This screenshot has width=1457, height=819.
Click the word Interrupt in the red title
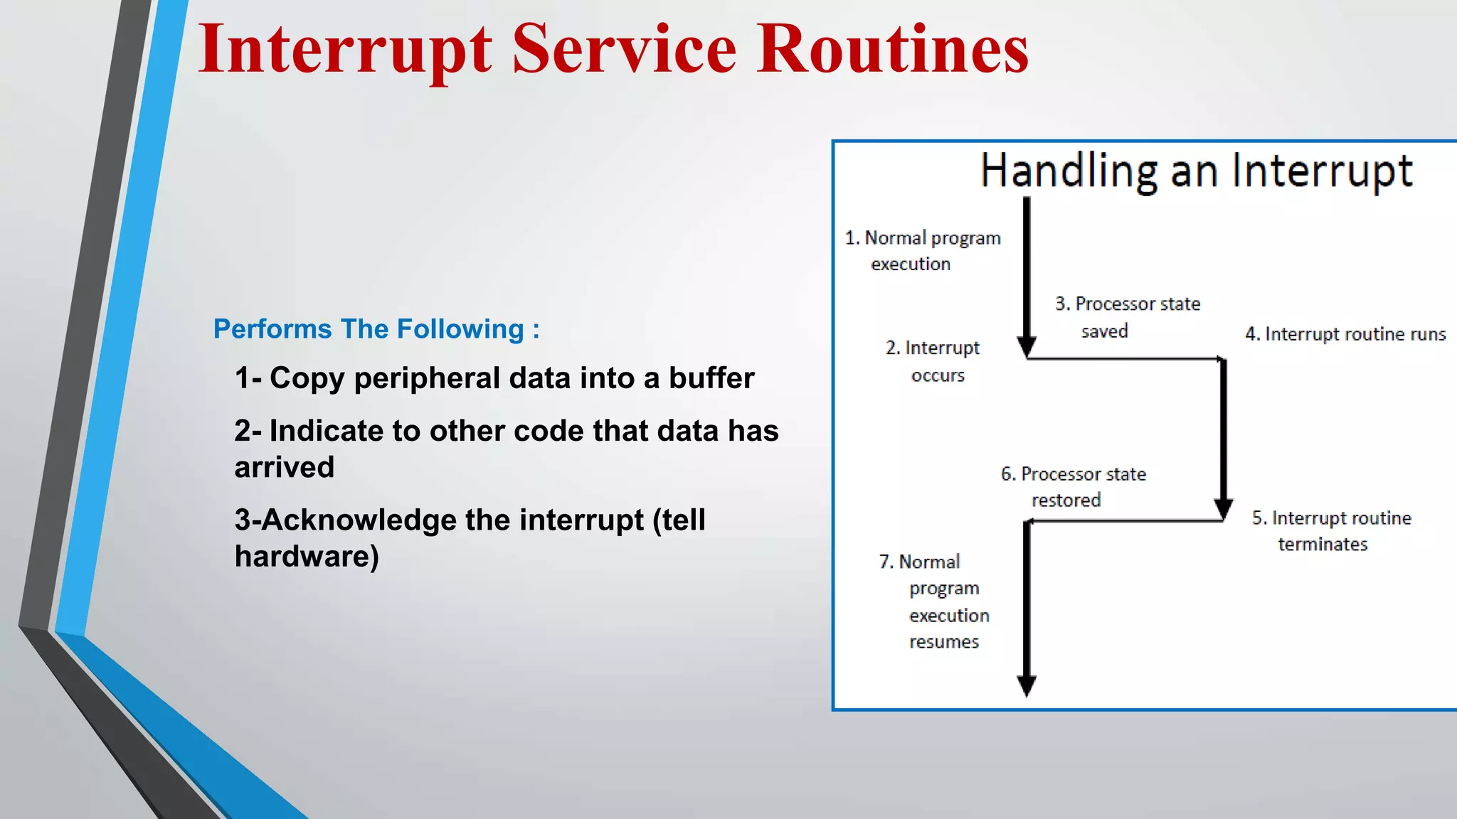[344, 50]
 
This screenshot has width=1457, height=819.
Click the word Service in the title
[624, 50]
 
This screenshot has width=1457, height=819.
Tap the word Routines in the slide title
[892, 50]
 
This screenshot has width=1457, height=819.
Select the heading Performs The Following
[376, 329]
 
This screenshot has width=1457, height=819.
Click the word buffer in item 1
[711, 378]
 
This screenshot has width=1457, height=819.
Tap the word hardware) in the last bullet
[307, 557]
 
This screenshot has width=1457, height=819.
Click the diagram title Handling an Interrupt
[1196, 171]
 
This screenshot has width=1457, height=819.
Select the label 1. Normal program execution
[922, 250]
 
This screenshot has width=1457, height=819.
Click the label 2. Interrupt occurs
[933, 361]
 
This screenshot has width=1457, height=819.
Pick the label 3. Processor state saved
[1127, 317]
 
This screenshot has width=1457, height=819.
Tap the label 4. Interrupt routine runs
[1345, 334]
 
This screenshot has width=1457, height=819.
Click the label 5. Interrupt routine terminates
[1331, 531]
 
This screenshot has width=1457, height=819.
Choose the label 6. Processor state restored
[1073, 487]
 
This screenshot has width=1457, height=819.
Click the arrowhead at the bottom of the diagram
[1027, 685]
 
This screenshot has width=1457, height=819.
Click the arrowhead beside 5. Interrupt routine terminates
[1223, 509]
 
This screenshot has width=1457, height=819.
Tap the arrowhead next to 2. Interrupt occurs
[1027, 347]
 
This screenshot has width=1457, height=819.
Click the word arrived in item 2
[285, 468]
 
